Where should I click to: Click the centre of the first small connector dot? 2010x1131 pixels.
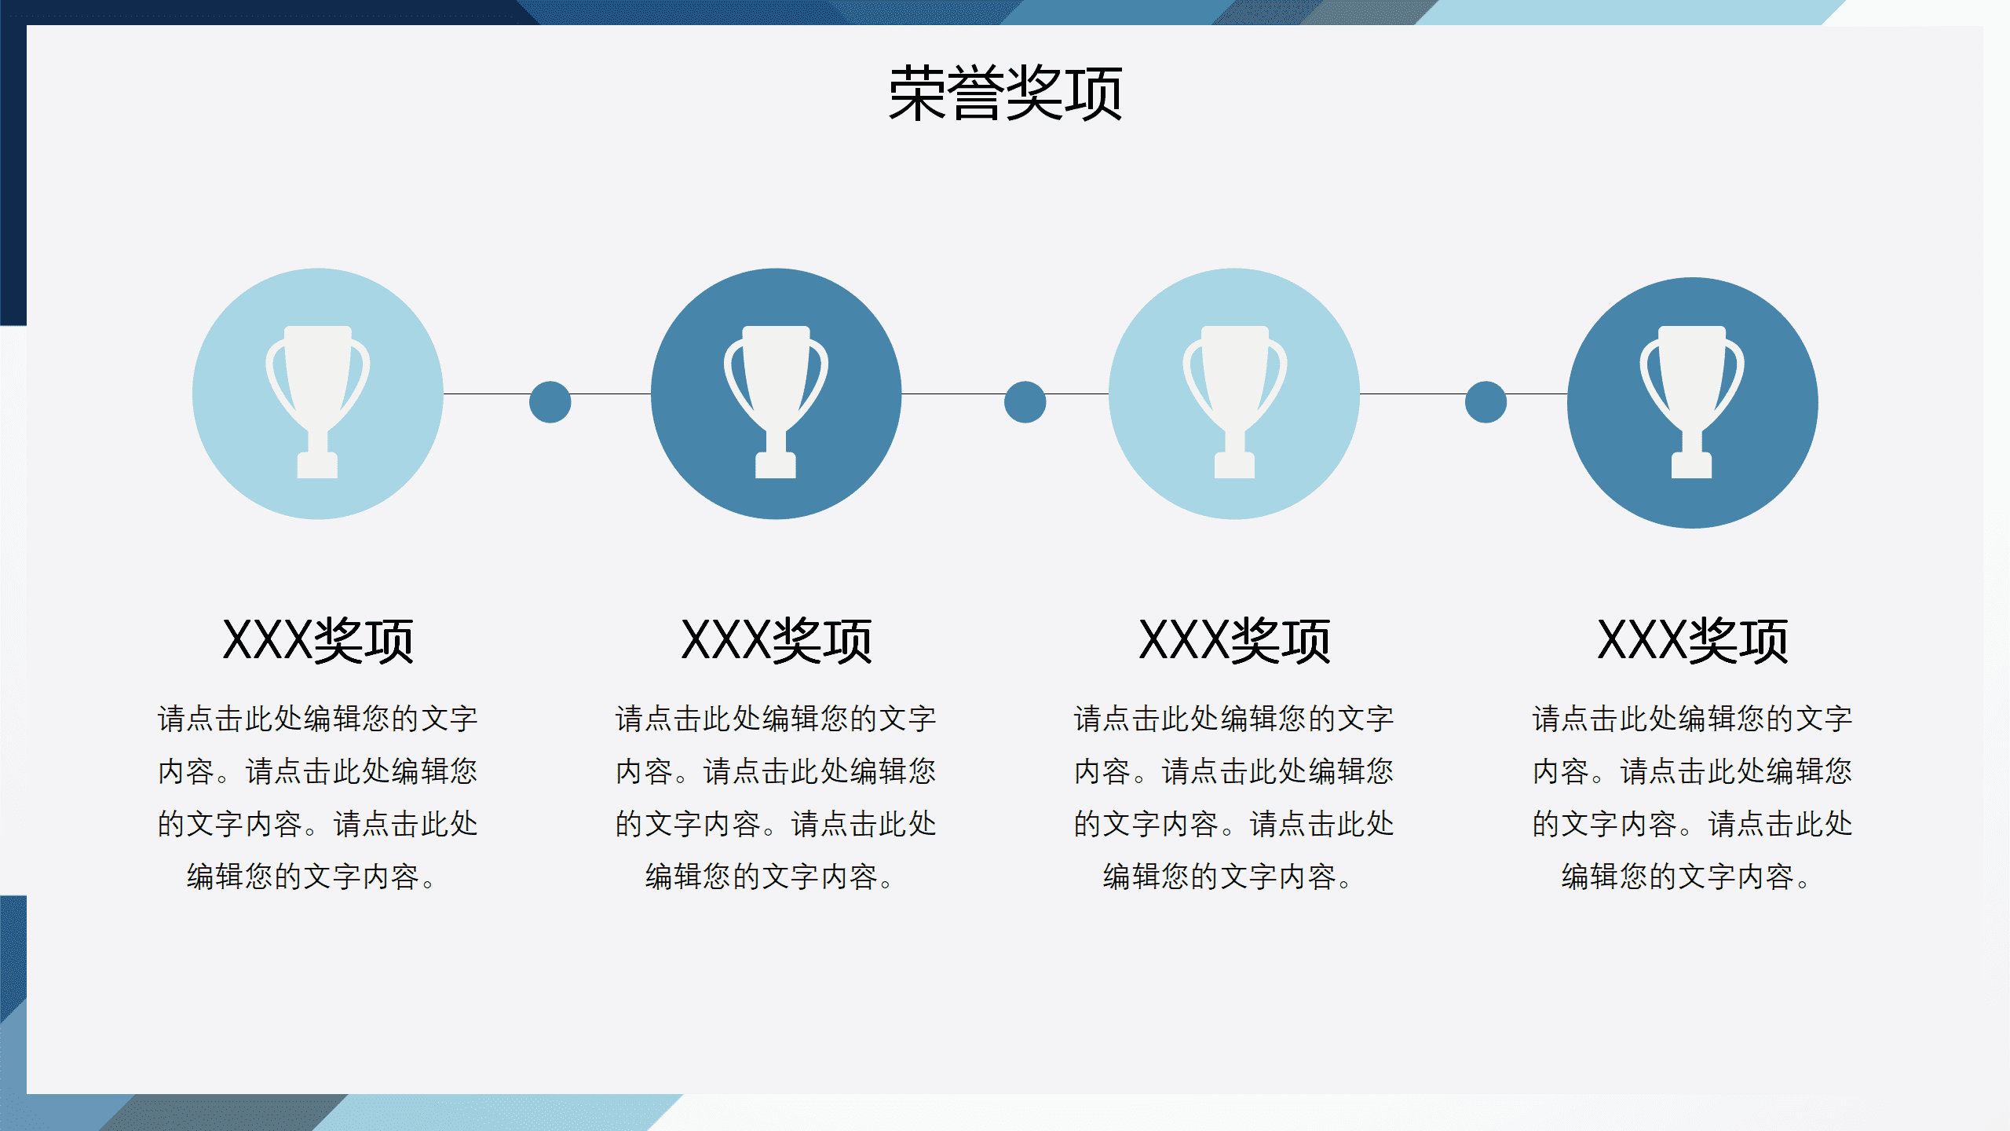[550, 402]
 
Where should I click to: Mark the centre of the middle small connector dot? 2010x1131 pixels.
[1025, 402]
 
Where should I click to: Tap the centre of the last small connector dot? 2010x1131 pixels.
[1486, 402]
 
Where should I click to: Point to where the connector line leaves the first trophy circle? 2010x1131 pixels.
[444, 393]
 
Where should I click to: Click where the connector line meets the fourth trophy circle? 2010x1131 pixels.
[1568, 393]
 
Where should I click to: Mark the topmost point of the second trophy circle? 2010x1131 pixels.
[776, 269]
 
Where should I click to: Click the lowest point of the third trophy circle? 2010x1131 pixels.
[1234, 519]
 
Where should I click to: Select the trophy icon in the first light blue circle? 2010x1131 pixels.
[317, 402]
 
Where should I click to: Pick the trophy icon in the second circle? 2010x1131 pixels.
[776, 402]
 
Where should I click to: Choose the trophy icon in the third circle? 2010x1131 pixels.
[1234, 402]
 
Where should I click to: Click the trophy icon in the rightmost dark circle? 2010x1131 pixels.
[1692, 402]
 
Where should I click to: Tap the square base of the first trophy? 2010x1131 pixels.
[317, 465]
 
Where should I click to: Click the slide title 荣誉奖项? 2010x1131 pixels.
[1005, 93]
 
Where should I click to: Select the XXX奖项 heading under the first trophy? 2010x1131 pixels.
[318, 641]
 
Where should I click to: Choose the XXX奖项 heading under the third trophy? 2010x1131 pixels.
[1234, 641]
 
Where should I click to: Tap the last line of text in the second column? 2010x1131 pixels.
[769, 877]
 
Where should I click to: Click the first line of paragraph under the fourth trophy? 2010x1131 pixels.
[1692, 719]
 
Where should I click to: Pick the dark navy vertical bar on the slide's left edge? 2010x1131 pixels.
[13, 163]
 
